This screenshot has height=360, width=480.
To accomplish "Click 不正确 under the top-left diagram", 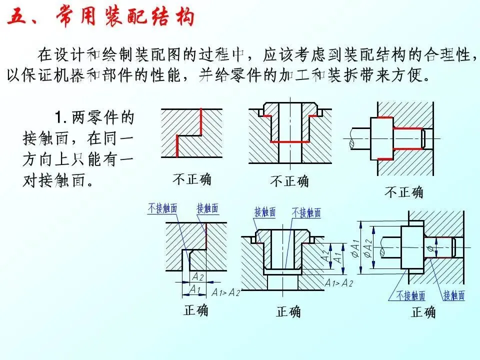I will [x=191, y=178].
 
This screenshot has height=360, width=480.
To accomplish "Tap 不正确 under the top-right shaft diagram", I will [x=403, y=191].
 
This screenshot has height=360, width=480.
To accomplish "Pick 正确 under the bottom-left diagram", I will [x=195, y=310].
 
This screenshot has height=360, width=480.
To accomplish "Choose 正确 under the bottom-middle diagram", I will [x=288, y=312].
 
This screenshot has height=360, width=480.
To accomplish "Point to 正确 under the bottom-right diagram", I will [x=423, y=312].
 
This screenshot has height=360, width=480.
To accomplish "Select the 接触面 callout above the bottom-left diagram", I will [x=207, y=208].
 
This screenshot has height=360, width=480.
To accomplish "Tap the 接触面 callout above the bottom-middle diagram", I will [x=265, y=212].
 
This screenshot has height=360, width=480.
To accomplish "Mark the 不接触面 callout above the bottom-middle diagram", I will [x=306, y=212].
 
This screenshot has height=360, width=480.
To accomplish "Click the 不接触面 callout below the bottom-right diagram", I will [x=411, y=295].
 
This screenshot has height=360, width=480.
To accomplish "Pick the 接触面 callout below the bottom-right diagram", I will [x=454, y=295].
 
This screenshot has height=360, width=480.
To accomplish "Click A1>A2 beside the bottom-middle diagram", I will [x=338, y=283].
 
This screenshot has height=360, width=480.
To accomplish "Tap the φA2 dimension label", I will [x=368, y=248].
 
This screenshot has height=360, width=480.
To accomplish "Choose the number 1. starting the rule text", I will [x=61, y=118].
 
